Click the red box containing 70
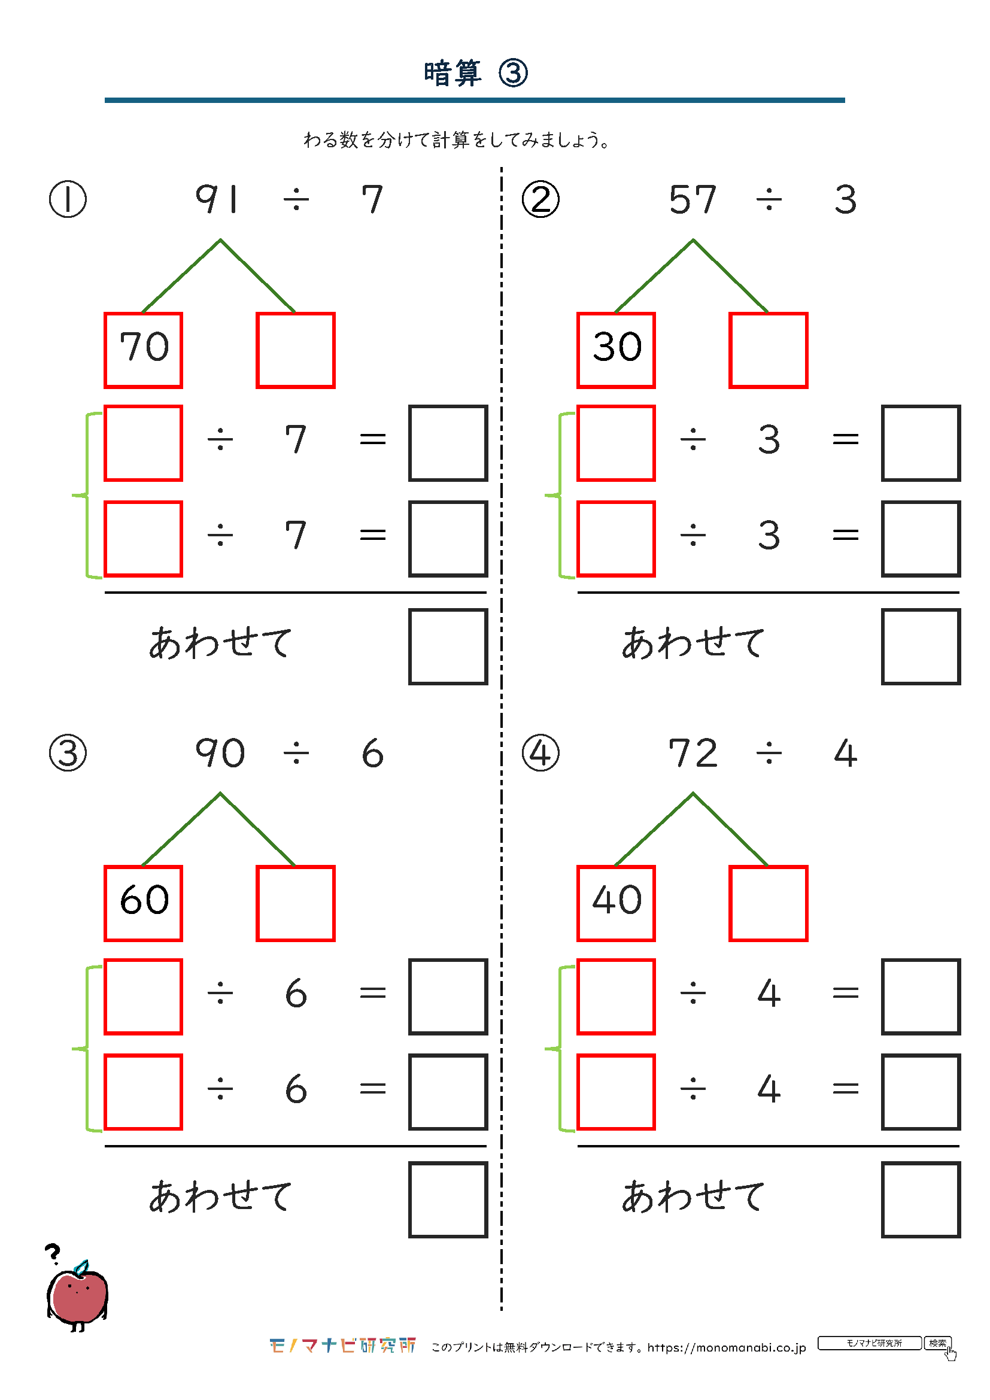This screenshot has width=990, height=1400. (143, 350)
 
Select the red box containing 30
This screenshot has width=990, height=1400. (616, 350)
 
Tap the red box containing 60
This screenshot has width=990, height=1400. (143, 903)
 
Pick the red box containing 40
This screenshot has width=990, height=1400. (616, 903)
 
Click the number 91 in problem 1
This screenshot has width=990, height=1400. (217, 199)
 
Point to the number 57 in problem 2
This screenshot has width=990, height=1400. (693, 199)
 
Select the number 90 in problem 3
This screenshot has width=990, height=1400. (220, 752)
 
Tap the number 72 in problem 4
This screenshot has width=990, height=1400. (693, 752)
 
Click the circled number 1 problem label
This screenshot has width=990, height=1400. (68, 199)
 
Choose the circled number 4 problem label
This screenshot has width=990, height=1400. (540, 752)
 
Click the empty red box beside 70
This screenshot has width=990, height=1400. (296, 350)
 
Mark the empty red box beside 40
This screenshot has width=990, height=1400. (768, 903)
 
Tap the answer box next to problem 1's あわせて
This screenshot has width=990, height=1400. (448, 646)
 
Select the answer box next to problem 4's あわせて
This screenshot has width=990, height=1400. (921, 1199)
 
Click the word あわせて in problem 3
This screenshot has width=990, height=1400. (221, 1196)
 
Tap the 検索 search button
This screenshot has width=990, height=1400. (937, 1343)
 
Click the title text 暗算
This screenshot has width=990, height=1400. (453, 74)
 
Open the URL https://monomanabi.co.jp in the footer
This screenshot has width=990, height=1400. (727, 1347)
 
